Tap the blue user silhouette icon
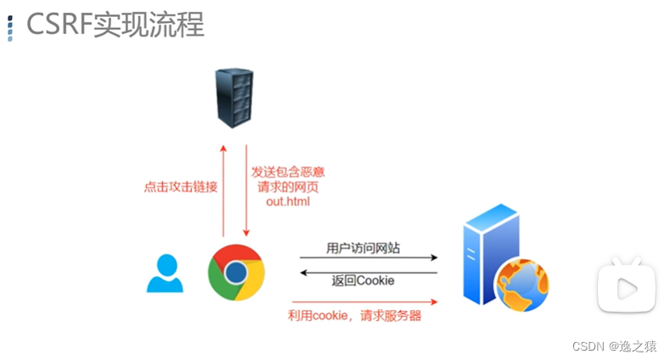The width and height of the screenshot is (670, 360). point(165,273)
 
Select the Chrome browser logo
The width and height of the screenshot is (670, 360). point(236,273)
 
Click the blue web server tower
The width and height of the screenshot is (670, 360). point(489,258)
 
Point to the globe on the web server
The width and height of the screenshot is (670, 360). point(522,286)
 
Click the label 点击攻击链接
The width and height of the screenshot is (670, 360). point(181,187)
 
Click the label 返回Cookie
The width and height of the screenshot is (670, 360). point(363,280)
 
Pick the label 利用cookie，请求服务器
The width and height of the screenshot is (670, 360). point(354,316)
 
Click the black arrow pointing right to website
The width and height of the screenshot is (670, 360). point(368,257)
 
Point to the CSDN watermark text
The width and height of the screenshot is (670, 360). point(614,346)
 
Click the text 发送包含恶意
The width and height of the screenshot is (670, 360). point(288,172)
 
